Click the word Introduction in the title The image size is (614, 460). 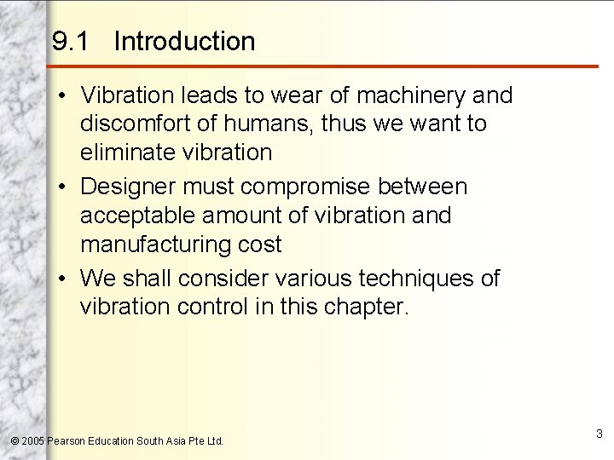pyautogui.click(x=183, y=41)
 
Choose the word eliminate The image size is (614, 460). pyautogui.click(x=127, y=153)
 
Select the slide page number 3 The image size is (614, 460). pyautogui.click(x=600, y=434)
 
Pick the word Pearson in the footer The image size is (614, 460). pyautogui.click(x=66, y=441)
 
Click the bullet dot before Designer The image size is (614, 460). pyautogui.click(x=65, y=186)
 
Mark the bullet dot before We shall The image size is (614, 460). pyautogui.click(x=65, y=278)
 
